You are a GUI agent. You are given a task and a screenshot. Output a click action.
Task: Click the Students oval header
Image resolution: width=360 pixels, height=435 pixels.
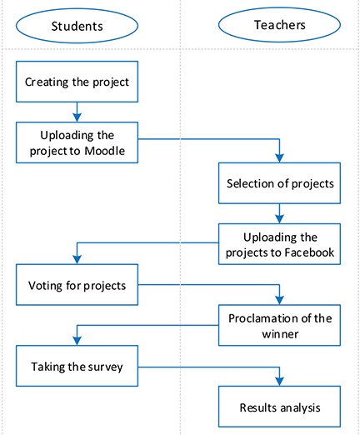pos(77,26)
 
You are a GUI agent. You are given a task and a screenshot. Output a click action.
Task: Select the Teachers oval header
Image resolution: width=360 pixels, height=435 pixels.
pos(279,25)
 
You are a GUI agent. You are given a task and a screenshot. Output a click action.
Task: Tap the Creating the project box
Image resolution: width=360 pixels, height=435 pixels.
pos(77,82)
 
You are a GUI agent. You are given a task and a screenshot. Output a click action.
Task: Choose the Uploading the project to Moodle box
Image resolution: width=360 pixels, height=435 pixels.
pos(77,142)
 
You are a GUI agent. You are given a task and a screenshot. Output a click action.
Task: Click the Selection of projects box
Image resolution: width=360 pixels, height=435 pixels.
pos(279,183)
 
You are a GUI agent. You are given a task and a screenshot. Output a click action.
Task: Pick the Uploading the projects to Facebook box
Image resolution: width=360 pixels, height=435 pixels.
pos(279,244)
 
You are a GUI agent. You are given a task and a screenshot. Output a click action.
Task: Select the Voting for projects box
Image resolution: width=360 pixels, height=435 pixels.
pos(77,285)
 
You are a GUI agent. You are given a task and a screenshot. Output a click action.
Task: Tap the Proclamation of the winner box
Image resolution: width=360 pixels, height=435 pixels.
pos(279,325)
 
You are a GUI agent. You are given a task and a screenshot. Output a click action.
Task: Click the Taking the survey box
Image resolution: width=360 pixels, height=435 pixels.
pos(77,366)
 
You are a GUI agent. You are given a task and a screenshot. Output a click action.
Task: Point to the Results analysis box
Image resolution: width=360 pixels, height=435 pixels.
pos(279,407)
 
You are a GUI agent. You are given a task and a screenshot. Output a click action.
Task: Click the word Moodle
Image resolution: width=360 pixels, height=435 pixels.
pos(105,151)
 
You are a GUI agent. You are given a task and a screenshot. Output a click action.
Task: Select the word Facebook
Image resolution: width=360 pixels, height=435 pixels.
pos(309,252)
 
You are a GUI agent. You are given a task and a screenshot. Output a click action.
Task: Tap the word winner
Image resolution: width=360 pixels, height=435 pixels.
pos(280,333)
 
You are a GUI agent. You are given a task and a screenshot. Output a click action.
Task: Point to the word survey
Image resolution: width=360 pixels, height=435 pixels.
pos(105,367)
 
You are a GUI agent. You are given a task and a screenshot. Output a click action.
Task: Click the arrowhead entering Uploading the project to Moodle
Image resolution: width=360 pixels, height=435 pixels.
pos(77,117)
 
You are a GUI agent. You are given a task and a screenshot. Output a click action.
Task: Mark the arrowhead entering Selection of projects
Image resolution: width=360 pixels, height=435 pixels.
pos(279,158)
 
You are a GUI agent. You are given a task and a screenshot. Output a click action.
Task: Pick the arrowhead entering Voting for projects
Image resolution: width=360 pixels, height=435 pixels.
pos(77,260)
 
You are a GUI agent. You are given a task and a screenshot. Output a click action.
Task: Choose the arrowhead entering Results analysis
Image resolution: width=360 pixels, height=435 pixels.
pos(279,382)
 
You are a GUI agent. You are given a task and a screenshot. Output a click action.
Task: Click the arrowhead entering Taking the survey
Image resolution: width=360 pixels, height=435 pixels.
pos(77,341)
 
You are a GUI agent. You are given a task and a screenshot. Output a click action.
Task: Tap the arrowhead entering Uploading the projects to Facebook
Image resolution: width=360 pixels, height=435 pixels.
pos(279,219)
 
